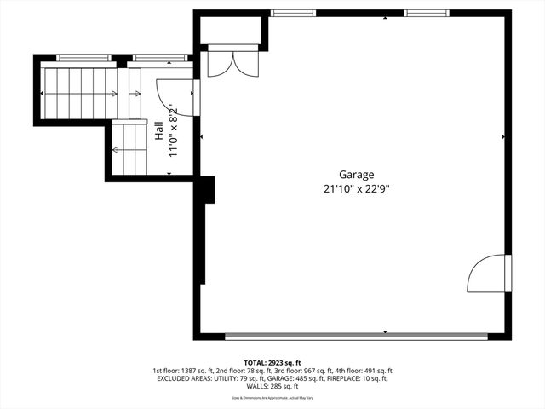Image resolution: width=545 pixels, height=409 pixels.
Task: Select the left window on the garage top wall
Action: (292, 13)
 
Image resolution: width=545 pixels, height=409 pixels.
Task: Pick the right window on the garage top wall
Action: (426, 13)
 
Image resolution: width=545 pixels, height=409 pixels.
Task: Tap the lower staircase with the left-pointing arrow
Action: (130, 149)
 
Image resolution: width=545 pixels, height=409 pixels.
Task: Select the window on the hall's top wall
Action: (159, 58)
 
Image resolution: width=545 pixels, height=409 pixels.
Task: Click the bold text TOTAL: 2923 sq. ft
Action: (272, 362)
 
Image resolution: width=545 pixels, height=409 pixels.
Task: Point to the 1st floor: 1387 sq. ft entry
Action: (182, 372)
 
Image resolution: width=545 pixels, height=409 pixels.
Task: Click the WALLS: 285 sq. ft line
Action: (272, 389)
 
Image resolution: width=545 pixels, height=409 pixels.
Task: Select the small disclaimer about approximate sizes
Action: (272, 398)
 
